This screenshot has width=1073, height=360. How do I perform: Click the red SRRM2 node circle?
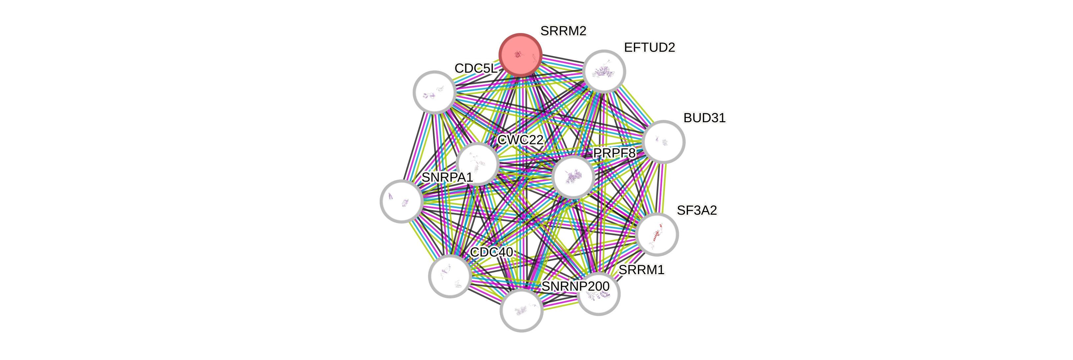[520, 55]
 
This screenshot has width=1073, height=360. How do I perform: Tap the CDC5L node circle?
[434, 92]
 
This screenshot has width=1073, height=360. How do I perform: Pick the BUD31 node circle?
[664, 142]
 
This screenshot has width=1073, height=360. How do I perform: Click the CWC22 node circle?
[477, 163]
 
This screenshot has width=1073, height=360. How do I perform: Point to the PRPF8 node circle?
[573, 177]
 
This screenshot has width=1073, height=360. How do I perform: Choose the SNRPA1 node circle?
[401, 201]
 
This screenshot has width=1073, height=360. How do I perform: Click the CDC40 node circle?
[450, 276]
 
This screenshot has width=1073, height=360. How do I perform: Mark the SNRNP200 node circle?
[521, 310]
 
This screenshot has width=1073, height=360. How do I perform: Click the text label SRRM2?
[563, 31]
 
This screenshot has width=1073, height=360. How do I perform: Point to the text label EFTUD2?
[649, 48]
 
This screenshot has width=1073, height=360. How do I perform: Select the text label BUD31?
[704, 118]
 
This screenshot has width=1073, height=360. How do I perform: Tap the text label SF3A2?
[696, 210]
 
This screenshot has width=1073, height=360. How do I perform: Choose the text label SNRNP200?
[575, 286]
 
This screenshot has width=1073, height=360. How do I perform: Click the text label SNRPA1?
[447, 177]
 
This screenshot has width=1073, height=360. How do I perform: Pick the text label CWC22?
[520, 140]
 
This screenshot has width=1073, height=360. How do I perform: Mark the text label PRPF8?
[614, 153]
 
